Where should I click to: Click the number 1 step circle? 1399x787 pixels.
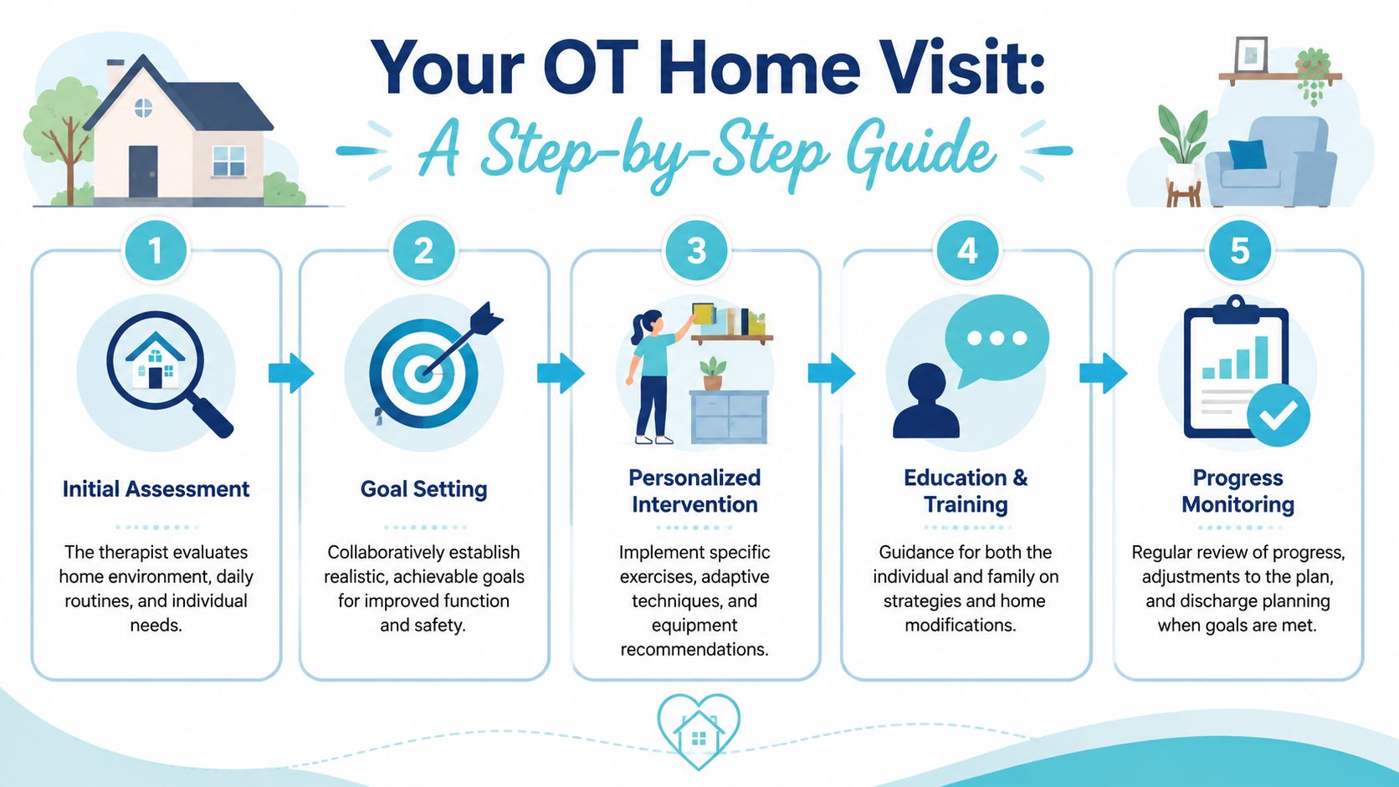click(x=156, y=251)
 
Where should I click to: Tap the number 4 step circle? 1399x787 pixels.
click(x=967, y=251)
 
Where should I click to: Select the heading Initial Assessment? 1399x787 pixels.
click(x=156, y=488)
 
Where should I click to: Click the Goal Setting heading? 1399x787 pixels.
click(x=423, y=489)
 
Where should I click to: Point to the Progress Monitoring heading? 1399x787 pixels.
click(x=1238, y=491)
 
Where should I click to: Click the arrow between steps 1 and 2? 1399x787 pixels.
click(x=291, y=373)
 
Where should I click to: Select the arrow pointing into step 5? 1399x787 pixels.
click(x=1103, y=373)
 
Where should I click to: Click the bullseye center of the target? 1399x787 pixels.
click(x=423, y=374)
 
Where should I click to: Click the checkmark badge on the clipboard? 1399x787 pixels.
click(x=1278, y=415)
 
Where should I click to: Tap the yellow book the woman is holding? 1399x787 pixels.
click(x=703, y=314)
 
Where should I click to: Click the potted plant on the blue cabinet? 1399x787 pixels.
click(x=713, y=373)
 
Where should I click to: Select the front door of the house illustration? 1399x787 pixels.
click(x=143, y=171)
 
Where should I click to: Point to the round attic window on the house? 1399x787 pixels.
click(x=143, y=108)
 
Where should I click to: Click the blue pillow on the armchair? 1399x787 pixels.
click(x=1248, y=154)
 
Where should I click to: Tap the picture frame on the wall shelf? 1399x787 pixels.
click(x=1251, y=55)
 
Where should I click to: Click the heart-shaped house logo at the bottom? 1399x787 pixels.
click(x=699, y=731)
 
